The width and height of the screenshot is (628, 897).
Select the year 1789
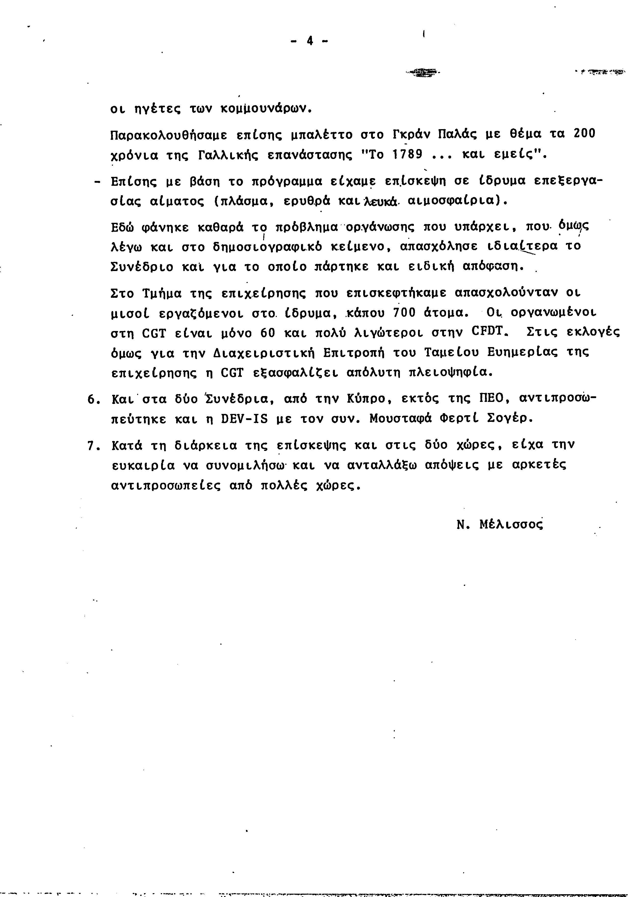407,155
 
